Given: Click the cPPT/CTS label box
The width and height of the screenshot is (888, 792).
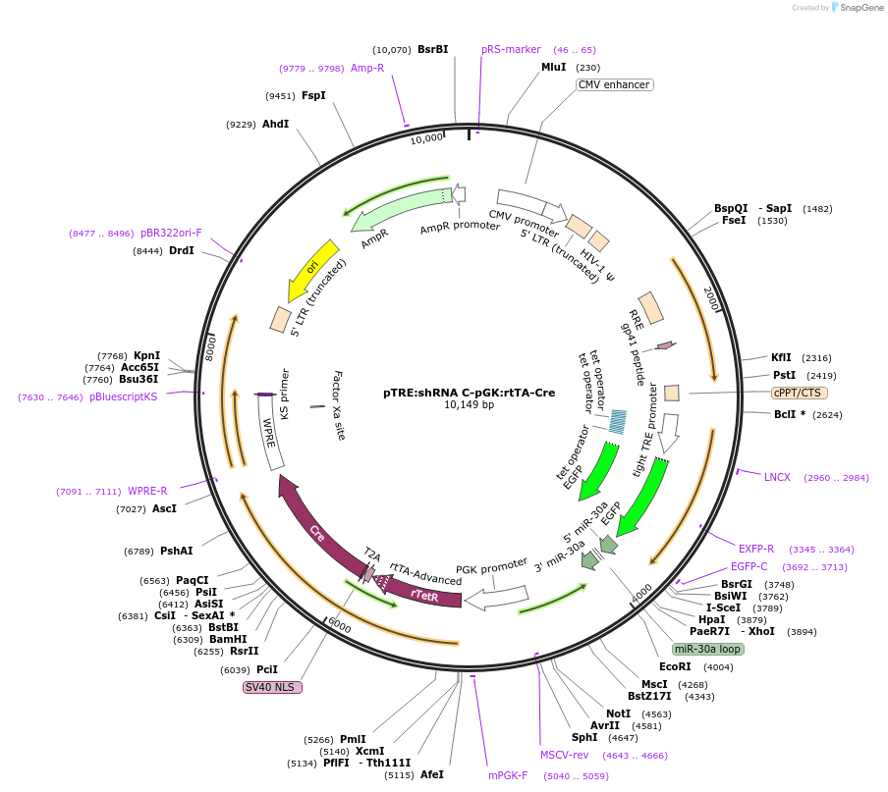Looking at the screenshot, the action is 799,393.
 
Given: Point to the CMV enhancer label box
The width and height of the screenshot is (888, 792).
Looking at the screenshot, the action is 615,84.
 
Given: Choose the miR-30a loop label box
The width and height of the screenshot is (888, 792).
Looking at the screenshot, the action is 707,649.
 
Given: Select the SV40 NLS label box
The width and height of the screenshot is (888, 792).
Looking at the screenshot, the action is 272,687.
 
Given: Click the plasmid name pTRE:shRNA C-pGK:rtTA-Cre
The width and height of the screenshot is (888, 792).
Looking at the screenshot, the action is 469,393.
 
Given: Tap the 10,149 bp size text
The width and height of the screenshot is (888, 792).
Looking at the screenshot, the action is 469,405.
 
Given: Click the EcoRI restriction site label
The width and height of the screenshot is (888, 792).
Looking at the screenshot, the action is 675,667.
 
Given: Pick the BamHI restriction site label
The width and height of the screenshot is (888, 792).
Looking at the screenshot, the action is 228,639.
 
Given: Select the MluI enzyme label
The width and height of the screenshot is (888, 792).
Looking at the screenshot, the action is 554,68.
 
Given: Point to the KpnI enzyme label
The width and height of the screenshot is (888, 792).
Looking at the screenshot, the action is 146,356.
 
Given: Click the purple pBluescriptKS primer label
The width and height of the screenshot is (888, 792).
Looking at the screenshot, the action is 124,397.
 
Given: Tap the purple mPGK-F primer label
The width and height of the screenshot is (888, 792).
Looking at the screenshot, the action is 508,775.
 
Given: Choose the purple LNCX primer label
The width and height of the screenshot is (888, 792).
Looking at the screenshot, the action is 777,478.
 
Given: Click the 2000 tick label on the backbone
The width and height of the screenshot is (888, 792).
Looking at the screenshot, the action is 712,298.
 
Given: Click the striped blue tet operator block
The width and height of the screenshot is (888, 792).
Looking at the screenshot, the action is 617,422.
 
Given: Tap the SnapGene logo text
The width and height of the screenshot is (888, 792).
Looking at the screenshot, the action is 861,7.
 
